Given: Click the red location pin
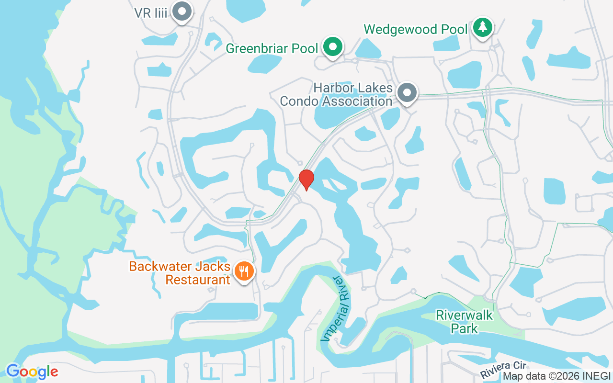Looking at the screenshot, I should point(306,180).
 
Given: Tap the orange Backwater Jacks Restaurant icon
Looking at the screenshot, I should point(244,271).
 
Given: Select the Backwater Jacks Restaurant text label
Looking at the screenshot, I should point(180,273).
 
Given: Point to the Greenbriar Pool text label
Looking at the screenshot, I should point(272,48).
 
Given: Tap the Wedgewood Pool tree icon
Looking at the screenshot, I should point(482,28).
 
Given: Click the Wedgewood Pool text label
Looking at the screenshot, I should point(415,29).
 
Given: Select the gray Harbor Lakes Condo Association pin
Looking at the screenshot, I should point(407,92).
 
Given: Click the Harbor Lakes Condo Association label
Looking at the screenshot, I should point(336,95).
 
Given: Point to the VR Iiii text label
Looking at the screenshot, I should point(151,13).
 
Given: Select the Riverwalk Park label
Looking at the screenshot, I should point(464,322).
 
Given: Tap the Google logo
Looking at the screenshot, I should point(32,372).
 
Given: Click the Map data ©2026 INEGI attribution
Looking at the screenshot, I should point(556,376).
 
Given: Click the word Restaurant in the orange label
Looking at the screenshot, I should point(198,280).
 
